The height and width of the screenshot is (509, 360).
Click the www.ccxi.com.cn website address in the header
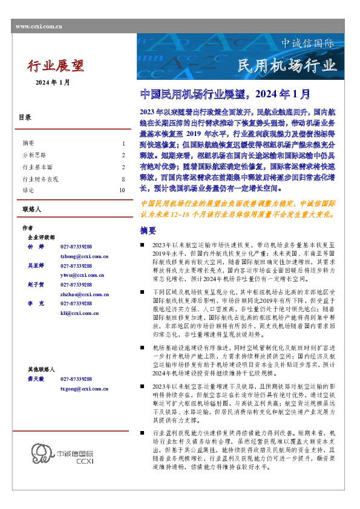coord(38,27)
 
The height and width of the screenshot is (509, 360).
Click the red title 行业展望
coord(56,66)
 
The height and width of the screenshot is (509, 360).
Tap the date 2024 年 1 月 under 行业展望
coord(53,82)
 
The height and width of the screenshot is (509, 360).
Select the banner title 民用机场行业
coord(286,65)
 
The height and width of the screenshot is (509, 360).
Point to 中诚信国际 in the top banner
coord(307,44)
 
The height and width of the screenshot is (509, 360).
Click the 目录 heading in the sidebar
coord(25,117)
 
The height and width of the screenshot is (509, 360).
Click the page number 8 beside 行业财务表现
coord(123,180)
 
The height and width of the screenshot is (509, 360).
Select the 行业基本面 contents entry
coord(37,166)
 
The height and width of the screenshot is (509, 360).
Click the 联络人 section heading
coord(30,209)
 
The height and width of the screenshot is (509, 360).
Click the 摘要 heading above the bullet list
coord(148,231)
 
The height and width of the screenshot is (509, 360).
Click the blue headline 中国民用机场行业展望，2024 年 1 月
coord(225,94)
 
